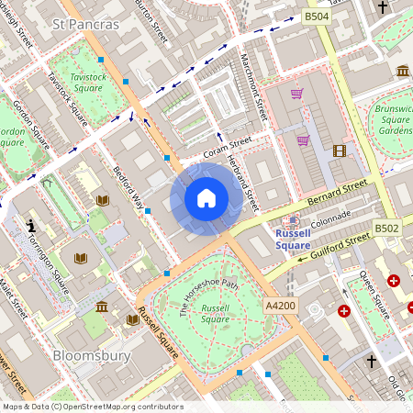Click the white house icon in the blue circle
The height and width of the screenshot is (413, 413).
click(x=206, y=198)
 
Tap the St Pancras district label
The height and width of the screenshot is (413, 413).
click(x=86, y=24)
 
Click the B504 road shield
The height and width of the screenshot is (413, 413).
click(x=317, y=17)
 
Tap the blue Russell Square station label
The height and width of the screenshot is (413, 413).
click(x=293, y=239)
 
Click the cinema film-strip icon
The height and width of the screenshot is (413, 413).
click(x=340, y=151)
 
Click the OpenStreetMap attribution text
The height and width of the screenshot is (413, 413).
click(x=92, y=406)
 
